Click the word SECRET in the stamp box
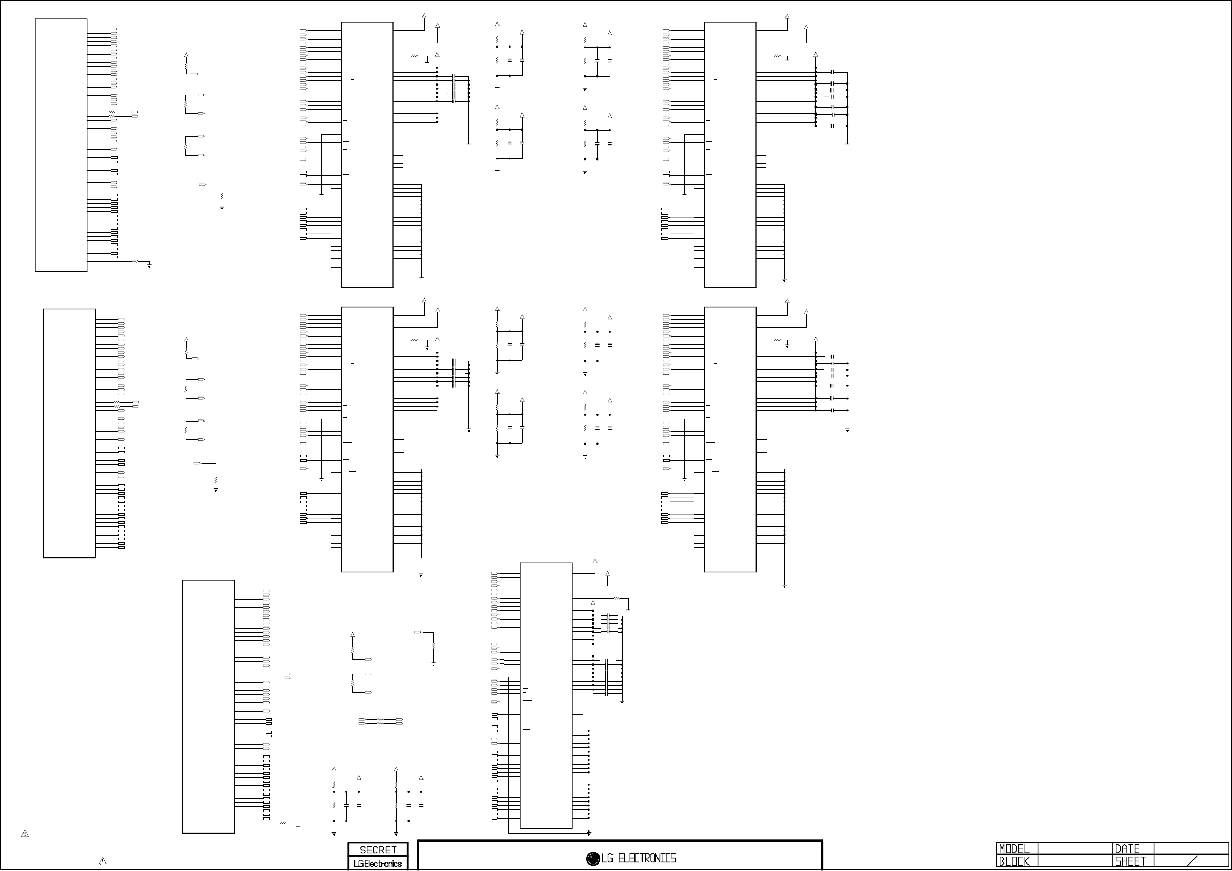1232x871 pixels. pyautogui.click(x=378, y=850)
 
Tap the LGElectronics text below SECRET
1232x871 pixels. pyautogui.click(x=378, y=864)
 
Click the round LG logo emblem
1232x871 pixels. pyautogui.click(x=593, y=859)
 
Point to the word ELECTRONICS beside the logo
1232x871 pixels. pyautogui.click(x=647, y=859)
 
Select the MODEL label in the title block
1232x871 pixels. pyautogui.click(x=1014, y=849)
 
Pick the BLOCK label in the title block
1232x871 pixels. pyautogui.click(x=1014, y=861)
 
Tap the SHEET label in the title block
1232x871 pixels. pyautogui.click(x=1130, y=861)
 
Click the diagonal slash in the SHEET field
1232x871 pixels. pyautogui.click(x=1192, y=861)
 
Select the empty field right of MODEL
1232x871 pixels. pyautogui.click(x=1075, y=849)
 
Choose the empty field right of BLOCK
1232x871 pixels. pyautogui.click(x=1075, y=861)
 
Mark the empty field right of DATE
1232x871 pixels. pyautogui.click(x=1191, y=849)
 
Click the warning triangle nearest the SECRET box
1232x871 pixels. pyautogui.click(x=102, y=861)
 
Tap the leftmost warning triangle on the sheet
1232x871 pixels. pyautogui.click(x=25, y=834)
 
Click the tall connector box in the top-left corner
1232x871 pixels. pyautogui.click(x=61, y=145)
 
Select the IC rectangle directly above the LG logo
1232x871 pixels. pyautogui.click(x=546, y=695)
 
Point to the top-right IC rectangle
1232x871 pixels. pyautogui.click(x=730, y=155)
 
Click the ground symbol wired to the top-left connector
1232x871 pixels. pyautogui.click(x=150, y=265)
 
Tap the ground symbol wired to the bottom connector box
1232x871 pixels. pyautogui.click(x=298, y=827)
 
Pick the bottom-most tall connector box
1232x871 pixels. pyautogui.click(x=208, y=706)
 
